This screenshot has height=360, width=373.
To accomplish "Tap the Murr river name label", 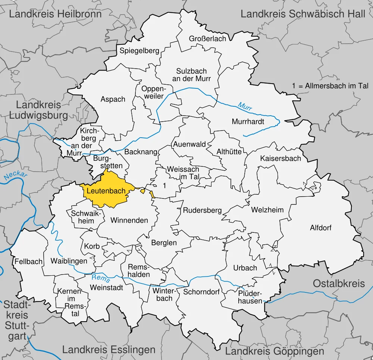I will point(245,106).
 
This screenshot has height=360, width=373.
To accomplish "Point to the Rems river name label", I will point(100,278).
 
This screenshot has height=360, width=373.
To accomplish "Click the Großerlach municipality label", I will point(207,39).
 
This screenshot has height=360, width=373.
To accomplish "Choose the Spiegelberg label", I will point(140,51).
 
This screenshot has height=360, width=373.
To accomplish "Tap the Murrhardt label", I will point(248,122).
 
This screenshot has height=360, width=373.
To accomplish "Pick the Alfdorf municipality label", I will point(321,228).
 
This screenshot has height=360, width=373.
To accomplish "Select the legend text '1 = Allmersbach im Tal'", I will point(330,86).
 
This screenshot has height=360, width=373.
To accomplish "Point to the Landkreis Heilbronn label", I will point(55,14).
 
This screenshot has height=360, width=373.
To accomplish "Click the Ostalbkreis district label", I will point(339,283).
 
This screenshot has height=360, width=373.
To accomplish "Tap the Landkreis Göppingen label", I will point(275,351).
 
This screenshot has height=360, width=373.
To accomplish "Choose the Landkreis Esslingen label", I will point(109,350).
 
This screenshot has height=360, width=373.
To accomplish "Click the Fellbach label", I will point(29,262).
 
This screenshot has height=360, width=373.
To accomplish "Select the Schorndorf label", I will point(201,292).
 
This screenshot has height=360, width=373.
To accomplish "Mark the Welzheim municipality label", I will point(267,210).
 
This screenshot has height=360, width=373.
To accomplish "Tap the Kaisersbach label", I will point(280,158).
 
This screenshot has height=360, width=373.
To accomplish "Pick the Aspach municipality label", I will point(113,99).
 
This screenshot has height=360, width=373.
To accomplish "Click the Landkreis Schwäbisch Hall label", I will point(303,14).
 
